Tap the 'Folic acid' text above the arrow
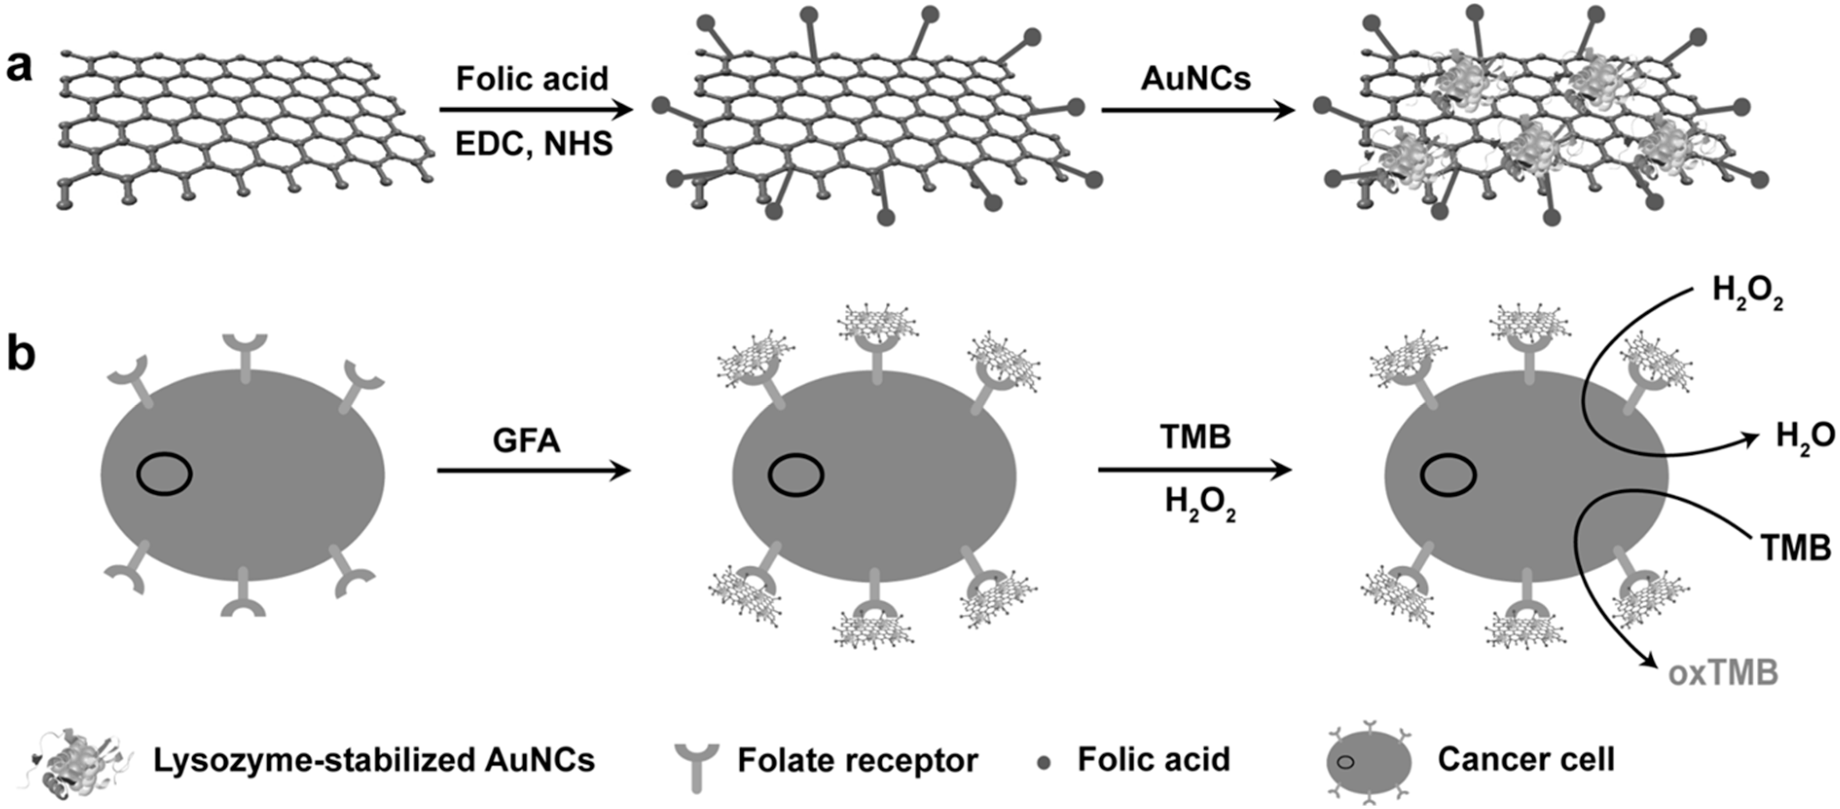coord(532,79)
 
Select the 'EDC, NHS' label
coord(534,144)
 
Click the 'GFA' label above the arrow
coord(526,440)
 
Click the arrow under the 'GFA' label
coord(534,470)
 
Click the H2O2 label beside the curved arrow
coord(1747,293)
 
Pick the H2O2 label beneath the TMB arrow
coord(1200,503)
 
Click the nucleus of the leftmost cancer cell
coord(164,474)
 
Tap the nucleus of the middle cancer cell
coord(796,474)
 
